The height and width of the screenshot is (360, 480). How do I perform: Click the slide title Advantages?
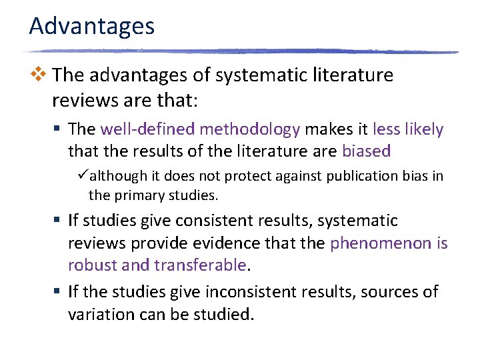[x=92, y=27]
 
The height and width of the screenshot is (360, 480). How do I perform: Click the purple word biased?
[x=366, y=151]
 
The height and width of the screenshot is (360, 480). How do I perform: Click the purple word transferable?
[x=200, y=265]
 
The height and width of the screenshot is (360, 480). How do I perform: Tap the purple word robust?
[x=91, y=265]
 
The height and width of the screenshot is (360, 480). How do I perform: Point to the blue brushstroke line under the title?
[x=240, y=51]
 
